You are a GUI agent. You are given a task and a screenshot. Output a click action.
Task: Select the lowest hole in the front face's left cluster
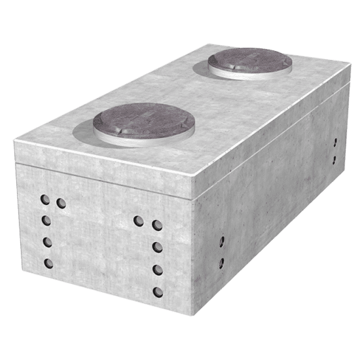[x=48, y=264]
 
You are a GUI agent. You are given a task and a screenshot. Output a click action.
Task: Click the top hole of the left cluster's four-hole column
[x=45, y=198]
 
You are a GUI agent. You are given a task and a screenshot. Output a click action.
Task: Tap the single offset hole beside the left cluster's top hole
[x=61, y=203]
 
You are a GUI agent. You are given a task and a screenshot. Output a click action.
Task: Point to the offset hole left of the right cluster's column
[x=138, y=221]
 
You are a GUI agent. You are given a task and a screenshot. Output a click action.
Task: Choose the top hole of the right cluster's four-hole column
[x=156, y=225]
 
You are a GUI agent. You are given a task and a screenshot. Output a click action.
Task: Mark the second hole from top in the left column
[x=46, y=220]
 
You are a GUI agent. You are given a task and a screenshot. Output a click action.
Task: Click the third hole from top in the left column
[x=47, y=242]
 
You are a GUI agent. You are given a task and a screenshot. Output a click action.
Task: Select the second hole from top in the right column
[x=156, y=247]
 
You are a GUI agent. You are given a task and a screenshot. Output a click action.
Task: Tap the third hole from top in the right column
[x=156, y=269]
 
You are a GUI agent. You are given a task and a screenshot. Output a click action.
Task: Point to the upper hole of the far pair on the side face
[x=334, y=142]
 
